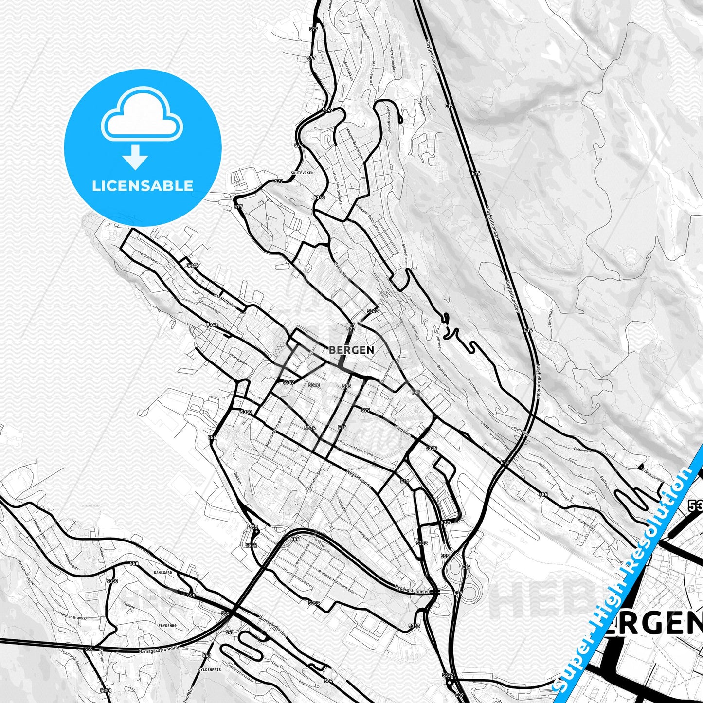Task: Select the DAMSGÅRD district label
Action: click(163, 573)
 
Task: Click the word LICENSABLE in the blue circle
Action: click(143, 185)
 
